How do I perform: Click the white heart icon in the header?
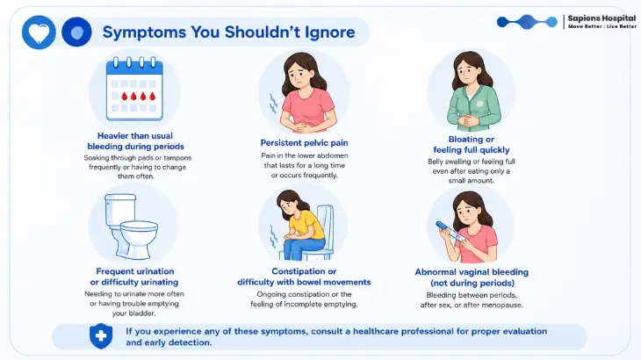coord(39,32)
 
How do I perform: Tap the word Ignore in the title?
coord(330,32)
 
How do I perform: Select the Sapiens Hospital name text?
coord(601,18)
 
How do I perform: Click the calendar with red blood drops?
coord(134,89)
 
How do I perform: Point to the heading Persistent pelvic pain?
coord(304,142)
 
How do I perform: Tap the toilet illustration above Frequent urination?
coord(131,226)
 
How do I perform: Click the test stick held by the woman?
coord(450,233)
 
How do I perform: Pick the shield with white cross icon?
coord(101,336)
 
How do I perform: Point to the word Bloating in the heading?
coord(465,140)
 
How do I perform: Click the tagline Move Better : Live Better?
coord(601,26)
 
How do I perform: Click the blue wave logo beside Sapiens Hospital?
coord(527,22)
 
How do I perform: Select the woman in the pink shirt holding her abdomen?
coord(305,94)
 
